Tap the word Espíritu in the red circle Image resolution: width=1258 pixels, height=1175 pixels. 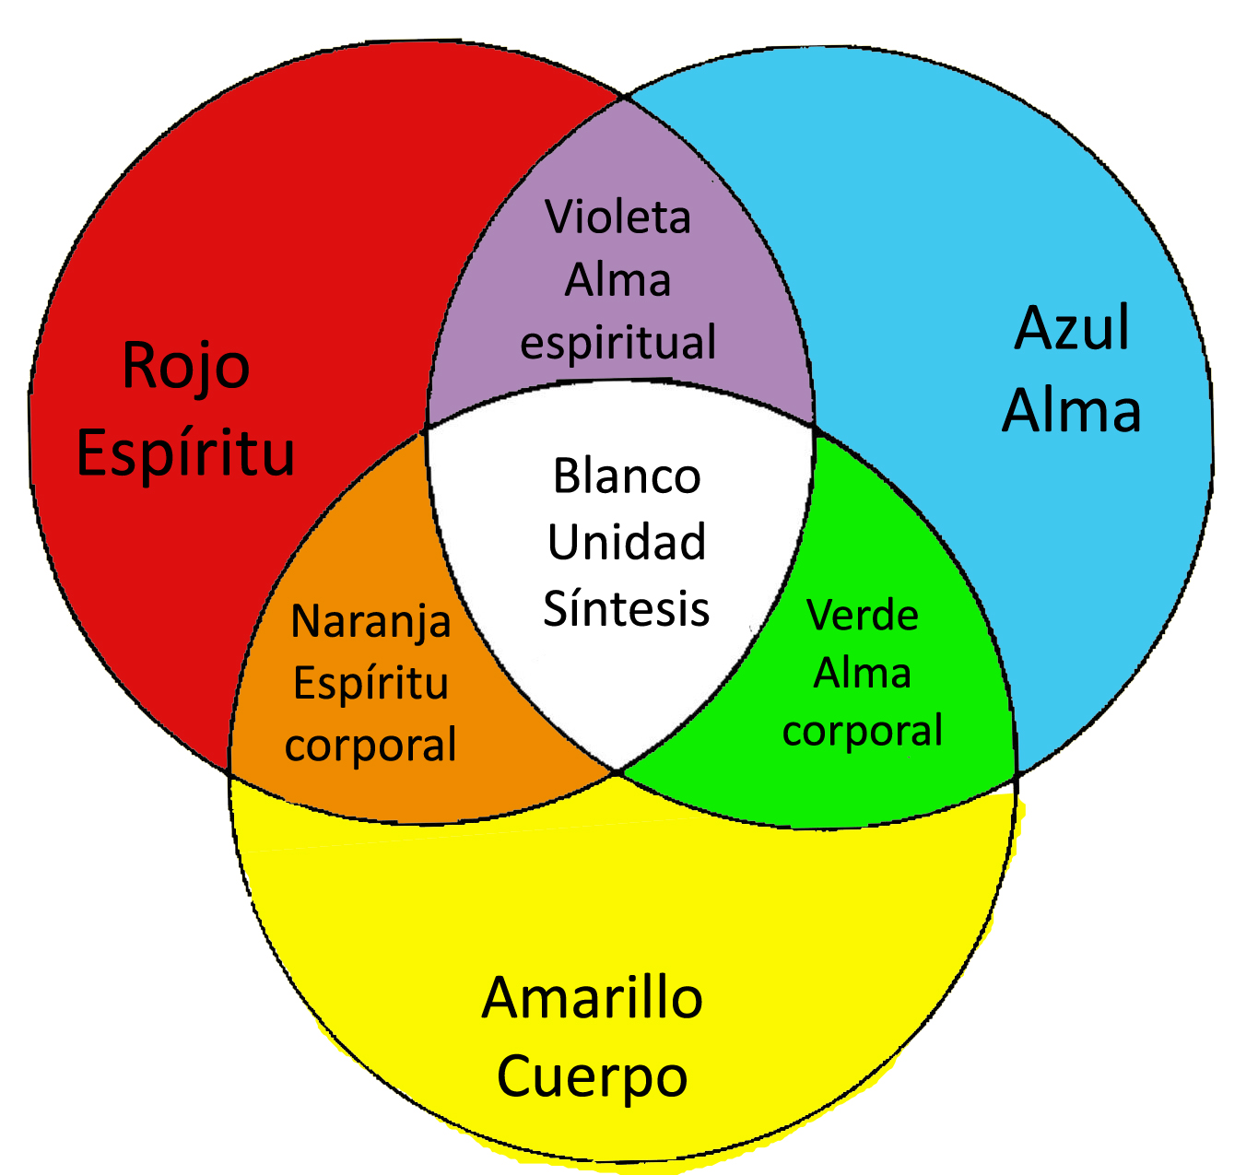point(185,452)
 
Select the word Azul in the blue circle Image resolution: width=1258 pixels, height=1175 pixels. point(1072,329)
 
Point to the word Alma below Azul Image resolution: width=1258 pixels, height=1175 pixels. point(1072,410)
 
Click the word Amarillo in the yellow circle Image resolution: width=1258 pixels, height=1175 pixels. point(592,998)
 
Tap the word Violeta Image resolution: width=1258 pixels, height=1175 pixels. point(617,217)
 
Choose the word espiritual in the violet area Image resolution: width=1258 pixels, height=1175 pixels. point(617,343)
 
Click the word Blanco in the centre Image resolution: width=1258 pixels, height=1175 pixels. point(627,476)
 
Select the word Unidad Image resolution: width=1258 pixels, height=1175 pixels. point(627,542)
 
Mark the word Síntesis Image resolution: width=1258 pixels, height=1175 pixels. point(627,608)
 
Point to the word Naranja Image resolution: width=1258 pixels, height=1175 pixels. point(370,622)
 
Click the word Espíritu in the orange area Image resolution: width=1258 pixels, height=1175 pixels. point(370,683)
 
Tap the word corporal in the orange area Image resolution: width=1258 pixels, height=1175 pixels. point(370,745)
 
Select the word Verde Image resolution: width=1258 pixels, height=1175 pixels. point(863,615)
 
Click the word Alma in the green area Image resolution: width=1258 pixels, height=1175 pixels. point(863,673)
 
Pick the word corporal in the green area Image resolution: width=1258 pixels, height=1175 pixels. point(863,731)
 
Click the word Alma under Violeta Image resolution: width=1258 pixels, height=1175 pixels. point(617,279)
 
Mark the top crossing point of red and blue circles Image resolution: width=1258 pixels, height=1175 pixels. point(624,96)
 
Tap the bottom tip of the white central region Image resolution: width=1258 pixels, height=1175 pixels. point(618,770)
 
